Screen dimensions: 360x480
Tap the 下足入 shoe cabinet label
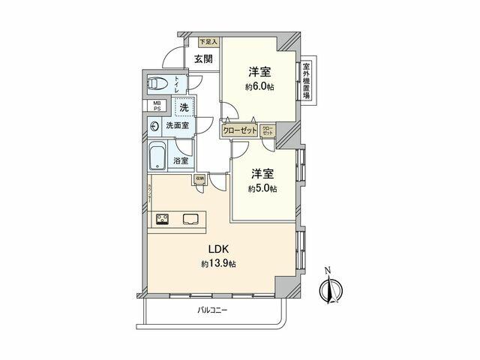(208, 43)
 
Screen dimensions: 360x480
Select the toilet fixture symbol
(157, 83)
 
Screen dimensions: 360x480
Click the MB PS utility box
(157, 106)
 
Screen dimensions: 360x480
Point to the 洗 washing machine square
(182, 107)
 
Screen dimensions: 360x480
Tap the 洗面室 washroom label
(178, 126)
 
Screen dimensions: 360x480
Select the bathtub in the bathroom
(158, 157)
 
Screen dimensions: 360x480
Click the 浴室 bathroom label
(181, 160)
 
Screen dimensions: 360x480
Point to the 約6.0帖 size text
(259, 88)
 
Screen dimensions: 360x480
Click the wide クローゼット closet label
(240, 130)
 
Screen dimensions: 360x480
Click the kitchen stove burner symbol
(162, 219)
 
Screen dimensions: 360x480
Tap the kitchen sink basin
(190, 219)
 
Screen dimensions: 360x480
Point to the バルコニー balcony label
(213, 309)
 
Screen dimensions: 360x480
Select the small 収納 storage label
(199, 179)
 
